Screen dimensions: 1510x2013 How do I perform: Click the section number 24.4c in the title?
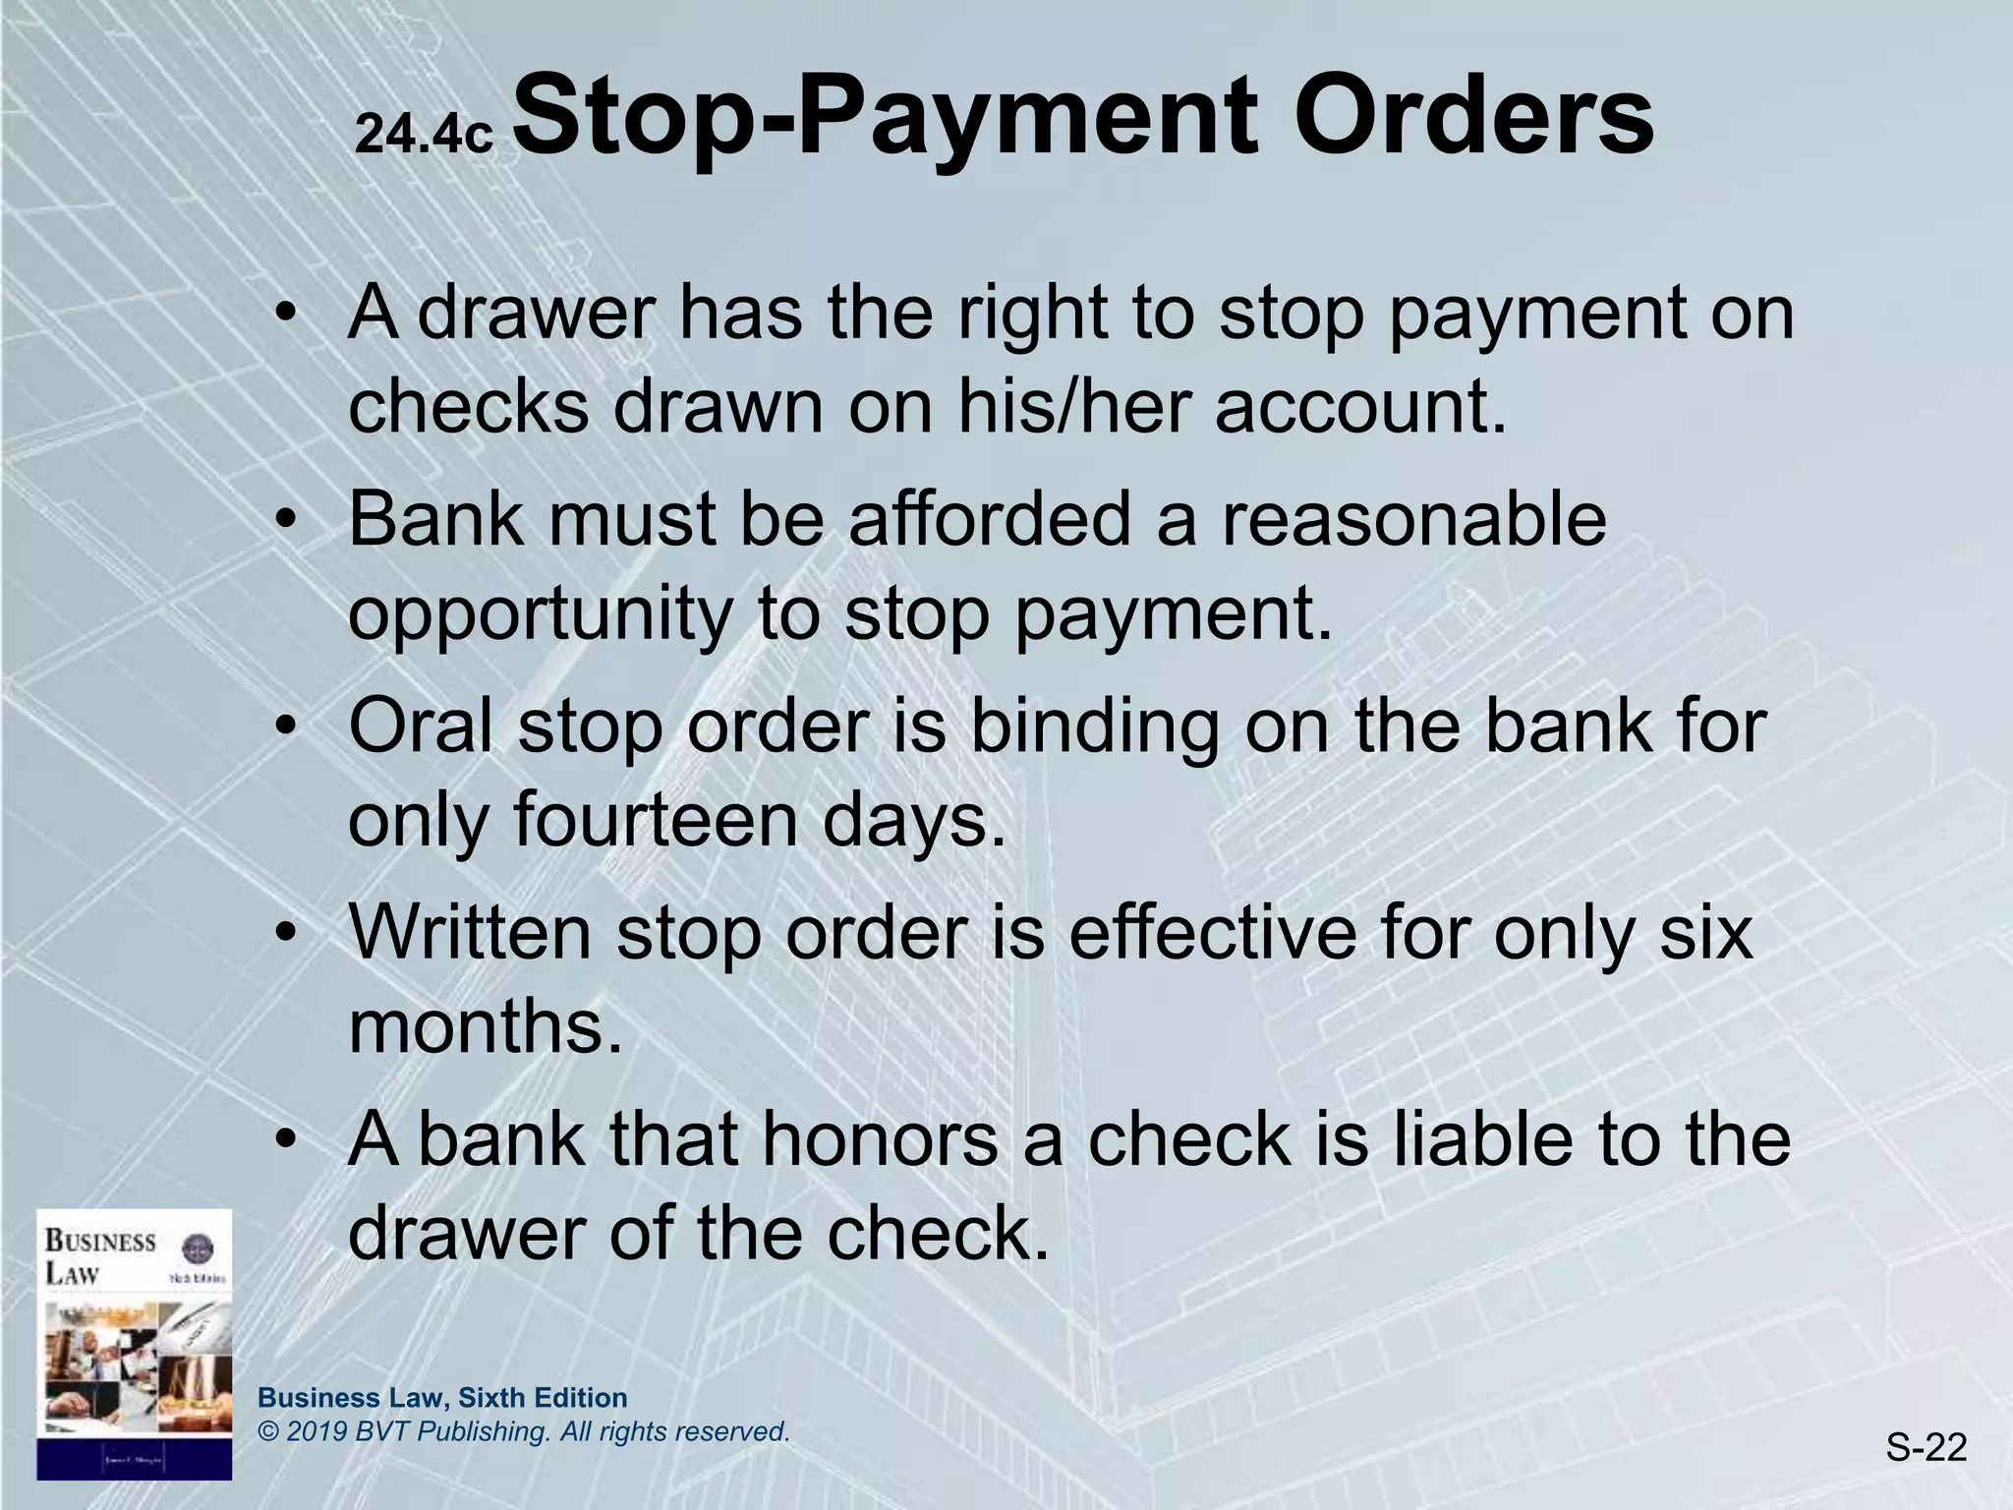423,135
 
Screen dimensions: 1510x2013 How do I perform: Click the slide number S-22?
1926,1448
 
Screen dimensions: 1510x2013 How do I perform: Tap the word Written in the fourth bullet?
470,932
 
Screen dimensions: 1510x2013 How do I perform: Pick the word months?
486,1026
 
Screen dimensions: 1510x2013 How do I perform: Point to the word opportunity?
540,613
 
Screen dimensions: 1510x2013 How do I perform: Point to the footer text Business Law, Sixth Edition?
442,1398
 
